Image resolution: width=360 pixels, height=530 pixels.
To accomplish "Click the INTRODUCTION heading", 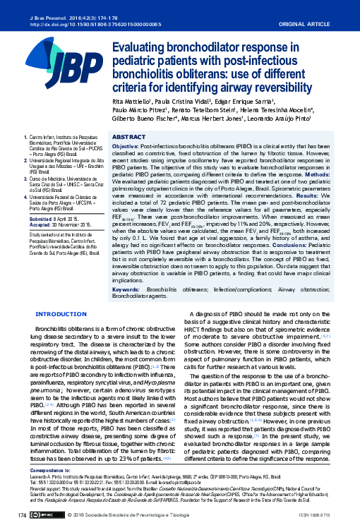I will pos(61,313).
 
